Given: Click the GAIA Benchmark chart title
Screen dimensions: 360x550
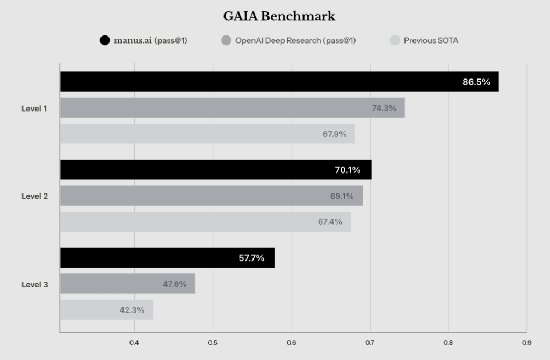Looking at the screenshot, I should [279, 17].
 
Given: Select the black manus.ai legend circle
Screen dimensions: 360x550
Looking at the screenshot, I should [105, 40].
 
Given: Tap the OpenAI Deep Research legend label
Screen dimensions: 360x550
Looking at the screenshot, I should [295, 40].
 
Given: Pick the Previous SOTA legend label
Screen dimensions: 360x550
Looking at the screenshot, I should [431, 40].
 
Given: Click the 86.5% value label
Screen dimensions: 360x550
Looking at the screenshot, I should [476, 82].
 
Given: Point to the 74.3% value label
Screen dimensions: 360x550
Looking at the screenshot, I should [384, 108].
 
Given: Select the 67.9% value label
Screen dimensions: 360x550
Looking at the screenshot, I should [335, 134].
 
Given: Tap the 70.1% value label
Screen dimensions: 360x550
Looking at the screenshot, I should [348, 170].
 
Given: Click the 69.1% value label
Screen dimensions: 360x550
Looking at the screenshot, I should [342, 196].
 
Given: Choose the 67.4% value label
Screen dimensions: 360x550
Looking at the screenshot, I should [330, 221].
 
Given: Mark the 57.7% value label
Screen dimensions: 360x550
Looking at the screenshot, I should [251, 258].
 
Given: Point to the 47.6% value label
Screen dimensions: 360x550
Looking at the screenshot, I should [175, 284].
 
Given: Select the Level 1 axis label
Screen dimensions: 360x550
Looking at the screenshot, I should [34, 109].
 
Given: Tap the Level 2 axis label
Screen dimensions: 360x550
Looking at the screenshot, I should [34, 196].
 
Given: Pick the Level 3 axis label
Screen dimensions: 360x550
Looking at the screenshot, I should [34, 284].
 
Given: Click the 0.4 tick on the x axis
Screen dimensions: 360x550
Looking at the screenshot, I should [134, 343].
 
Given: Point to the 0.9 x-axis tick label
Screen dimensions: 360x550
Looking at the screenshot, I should [526, 343].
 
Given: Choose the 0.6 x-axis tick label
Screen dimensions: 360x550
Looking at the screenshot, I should [291, 343].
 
